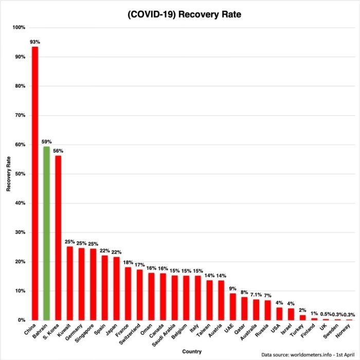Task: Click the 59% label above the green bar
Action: click(46, 141)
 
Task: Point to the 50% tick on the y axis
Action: click(19, 174)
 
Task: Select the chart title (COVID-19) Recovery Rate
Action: click(184, 15)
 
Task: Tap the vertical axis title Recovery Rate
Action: click(9, 174)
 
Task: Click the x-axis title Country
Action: click(191, 351)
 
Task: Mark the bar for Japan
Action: click(116, 288)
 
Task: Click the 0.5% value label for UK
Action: click(326, 314)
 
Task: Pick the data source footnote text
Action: click(309, 355)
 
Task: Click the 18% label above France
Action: click(128, 262)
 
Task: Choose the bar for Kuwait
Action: click(70, 283)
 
